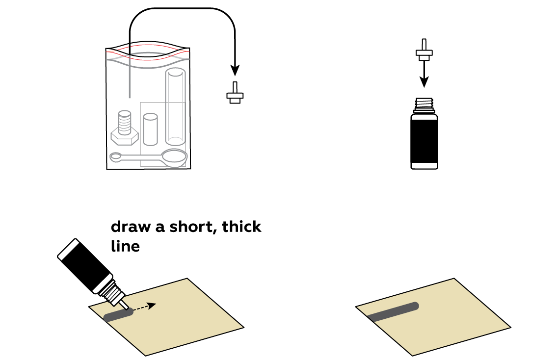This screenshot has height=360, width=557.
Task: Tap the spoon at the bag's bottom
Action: [x=149, y=157]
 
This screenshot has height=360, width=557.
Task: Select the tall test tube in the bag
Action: [x=175, y=107]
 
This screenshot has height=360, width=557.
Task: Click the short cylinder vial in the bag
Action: [x=150, y=129]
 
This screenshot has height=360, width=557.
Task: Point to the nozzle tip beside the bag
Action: [x=235, y=93]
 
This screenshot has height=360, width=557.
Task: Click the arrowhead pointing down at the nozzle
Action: [x=235, y=70]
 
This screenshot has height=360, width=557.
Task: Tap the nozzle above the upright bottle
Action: [x=424, y=50]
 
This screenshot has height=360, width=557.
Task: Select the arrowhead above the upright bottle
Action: [x=424, y=82]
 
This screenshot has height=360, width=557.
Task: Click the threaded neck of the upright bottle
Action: [x=424, y=106]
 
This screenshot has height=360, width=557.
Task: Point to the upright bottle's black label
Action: [x=424, y=141]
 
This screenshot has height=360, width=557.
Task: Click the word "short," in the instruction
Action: [x=193, y=227]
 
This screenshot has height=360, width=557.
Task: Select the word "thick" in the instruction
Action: [x=241, y=226]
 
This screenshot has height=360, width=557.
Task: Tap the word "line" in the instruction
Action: [x=126, y=246]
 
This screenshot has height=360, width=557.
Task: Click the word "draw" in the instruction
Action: [x=131, y=227]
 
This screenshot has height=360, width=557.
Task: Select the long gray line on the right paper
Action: [x=393, y=312]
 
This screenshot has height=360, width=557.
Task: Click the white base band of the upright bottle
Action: [x=424, y=166]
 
